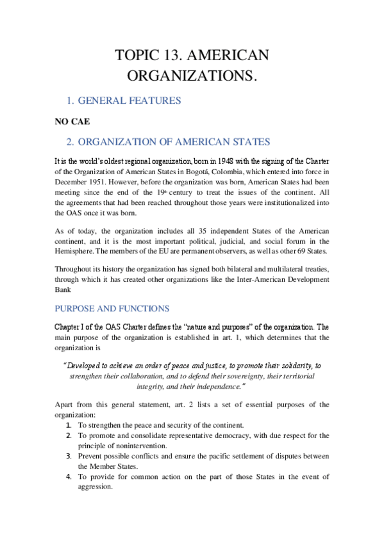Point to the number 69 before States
[x=295, y=252]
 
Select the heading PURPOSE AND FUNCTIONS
[x=120, y=308]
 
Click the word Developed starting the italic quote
[x=87, y=365]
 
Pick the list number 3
[x=68, y=456]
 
